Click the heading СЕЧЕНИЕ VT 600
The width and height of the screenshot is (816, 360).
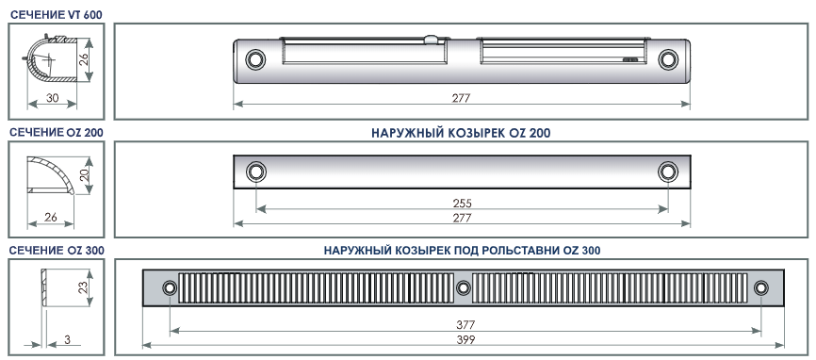pos(57,14)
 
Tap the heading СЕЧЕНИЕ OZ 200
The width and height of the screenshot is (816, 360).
pos(57,133)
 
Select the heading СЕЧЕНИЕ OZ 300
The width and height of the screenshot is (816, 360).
pos(57,251)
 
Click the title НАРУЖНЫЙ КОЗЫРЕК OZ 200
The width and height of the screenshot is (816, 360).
pos(461,133)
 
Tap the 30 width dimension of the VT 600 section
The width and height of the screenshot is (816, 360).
pos(52,97)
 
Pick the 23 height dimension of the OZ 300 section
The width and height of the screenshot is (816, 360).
pos(83,287)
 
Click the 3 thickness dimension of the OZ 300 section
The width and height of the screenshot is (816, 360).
pos(67,339)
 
